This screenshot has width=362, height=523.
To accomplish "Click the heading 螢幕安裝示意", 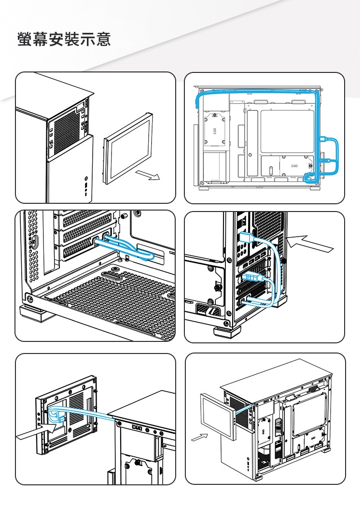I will click(64, 39).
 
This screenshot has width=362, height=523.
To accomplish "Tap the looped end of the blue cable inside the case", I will click(148, 255).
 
